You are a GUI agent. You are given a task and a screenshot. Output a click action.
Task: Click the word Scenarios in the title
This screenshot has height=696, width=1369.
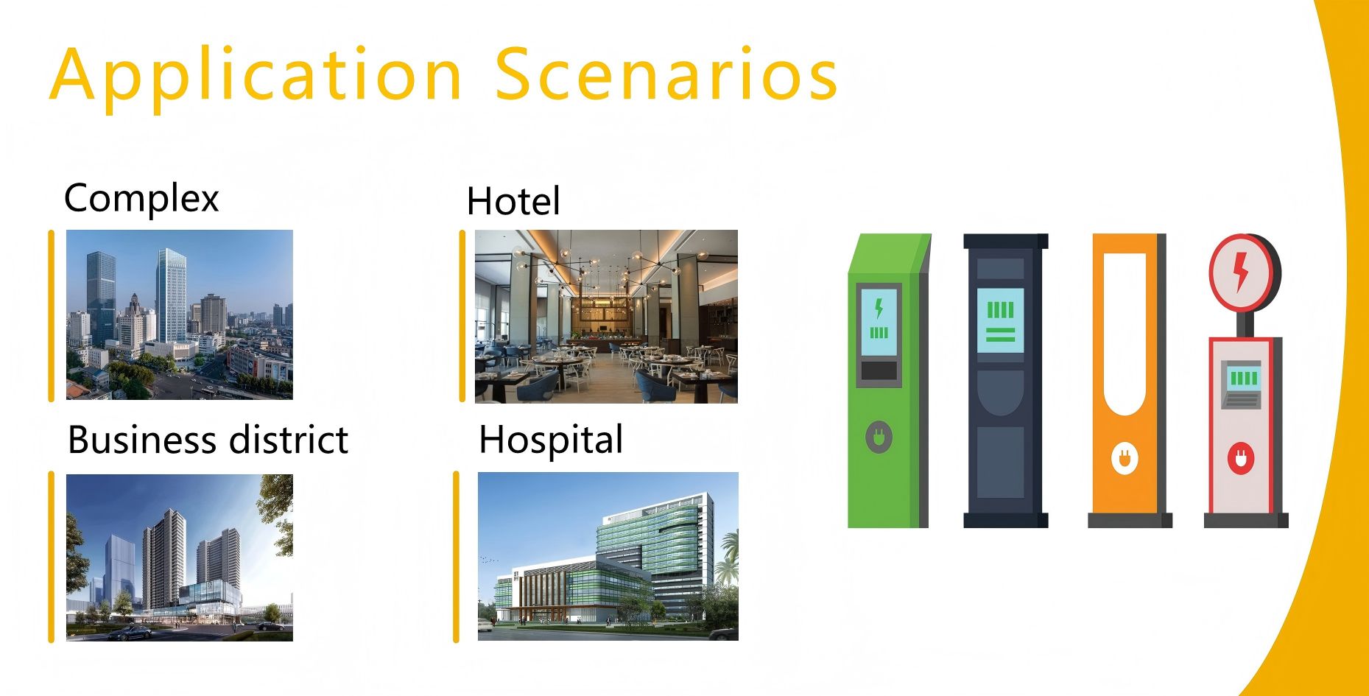click(666, 74)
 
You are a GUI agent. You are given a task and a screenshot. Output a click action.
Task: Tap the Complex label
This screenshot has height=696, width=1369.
click(141, 198)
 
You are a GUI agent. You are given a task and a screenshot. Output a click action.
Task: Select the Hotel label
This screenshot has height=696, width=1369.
click(513, 201)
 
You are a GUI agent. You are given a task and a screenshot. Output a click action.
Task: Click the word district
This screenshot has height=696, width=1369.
click(289, 440)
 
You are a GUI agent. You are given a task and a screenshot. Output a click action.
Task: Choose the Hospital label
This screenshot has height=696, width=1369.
click(551, 440)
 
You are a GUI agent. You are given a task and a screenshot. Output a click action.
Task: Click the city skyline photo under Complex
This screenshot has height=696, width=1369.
click(180, 314)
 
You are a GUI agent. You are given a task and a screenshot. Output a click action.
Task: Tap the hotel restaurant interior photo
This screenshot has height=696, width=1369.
click(606, 316)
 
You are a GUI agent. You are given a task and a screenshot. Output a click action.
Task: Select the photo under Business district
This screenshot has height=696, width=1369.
click(180, 558)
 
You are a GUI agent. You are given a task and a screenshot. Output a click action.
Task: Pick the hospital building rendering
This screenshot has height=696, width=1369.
click(608, 556)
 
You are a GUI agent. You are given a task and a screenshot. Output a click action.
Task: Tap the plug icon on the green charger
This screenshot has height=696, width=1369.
click(879, 437)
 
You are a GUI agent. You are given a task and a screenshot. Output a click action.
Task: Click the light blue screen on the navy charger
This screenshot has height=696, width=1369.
click(1000, 320)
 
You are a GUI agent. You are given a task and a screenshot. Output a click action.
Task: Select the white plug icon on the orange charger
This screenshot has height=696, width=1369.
click(1125, 458)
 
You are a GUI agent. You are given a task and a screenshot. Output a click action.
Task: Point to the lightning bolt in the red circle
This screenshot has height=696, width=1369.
click(1241, 272)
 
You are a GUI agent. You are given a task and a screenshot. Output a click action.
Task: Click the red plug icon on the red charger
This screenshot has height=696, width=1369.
click(1241, 459)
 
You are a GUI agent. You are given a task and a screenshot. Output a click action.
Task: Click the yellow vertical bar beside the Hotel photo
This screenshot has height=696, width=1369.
click(462, 316)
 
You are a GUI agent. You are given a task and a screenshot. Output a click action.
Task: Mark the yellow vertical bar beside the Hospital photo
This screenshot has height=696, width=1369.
click(457, 557)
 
